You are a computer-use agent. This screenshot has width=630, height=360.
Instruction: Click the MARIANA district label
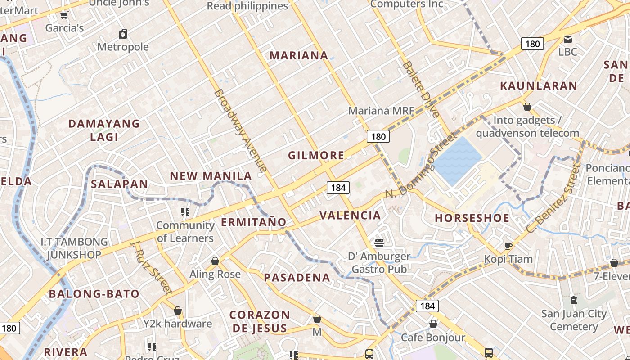pos(299,55)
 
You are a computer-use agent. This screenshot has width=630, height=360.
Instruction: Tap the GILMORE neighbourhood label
pos(316,156)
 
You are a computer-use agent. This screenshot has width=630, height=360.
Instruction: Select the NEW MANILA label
pos(211,176)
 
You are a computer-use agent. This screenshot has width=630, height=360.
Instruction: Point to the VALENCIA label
pos(350,216)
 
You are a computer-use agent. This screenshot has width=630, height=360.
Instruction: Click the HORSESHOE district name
pos(472,218)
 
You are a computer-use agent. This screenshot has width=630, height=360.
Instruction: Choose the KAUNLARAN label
pos(539,85)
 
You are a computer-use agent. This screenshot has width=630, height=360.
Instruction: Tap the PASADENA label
pos(297,278)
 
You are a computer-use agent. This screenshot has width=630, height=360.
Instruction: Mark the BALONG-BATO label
pos(94,294)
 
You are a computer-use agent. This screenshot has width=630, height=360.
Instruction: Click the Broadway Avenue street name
pos(240,130)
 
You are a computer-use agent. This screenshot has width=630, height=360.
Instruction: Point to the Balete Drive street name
pos(421,89)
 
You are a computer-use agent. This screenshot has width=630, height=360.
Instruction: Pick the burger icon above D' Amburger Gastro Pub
pos(379,243)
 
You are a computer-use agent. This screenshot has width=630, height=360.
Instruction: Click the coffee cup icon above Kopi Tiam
pos(508,246)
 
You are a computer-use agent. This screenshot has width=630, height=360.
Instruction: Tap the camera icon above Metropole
pos(123,34)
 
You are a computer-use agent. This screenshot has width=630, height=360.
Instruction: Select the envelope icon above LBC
pos(568,39)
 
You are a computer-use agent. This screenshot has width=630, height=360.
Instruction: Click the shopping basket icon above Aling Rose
pos(215,261)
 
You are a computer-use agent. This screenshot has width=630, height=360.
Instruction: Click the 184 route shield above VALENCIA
pos(338,188)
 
